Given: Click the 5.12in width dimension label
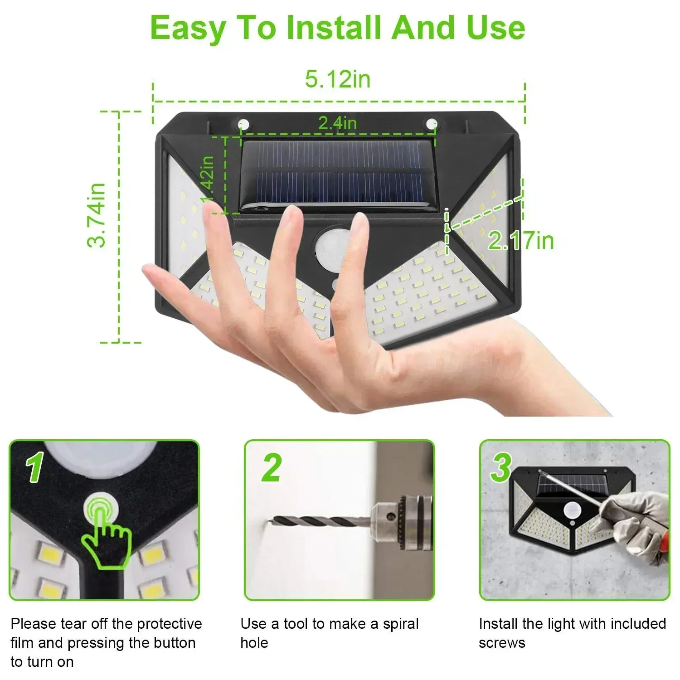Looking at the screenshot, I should pyautogui.click(x=338, y=79).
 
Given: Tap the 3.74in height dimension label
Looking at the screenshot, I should pyautogui.click(x=97, y=215).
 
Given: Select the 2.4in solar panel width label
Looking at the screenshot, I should pyautogui.click(x=337, y=123).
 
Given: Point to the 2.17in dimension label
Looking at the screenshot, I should pyautogui.click(x=521, y=240).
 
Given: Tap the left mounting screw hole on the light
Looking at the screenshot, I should pyautogui.click(x=244, y=123).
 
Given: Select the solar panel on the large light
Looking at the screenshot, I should pyautogui.click(x=338, y=175).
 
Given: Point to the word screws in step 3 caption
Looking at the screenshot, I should pyautogui.click(x=502, y=643).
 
